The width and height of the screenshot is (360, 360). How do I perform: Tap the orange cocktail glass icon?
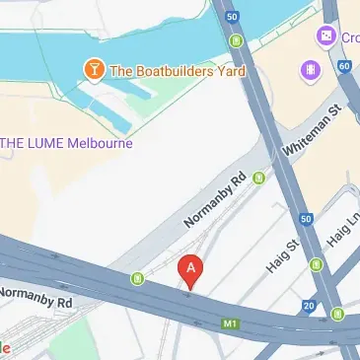[x=93, y=70]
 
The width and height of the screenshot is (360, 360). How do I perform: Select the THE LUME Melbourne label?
[x=66, y=142]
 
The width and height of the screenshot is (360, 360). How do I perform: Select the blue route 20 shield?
[x=310, y=307]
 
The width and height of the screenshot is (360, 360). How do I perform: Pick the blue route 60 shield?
[x=343, y=66]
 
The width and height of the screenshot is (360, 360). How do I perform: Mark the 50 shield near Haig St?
[x=306, y=218]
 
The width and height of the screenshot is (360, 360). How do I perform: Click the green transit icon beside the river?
[x=237, y=41]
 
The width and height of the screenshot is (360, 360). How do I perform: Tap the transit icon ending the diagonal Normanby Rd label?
[x=259, y=179]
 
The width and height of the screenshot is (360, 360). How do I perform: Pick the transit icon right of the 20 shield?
[x=338, y=315]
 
